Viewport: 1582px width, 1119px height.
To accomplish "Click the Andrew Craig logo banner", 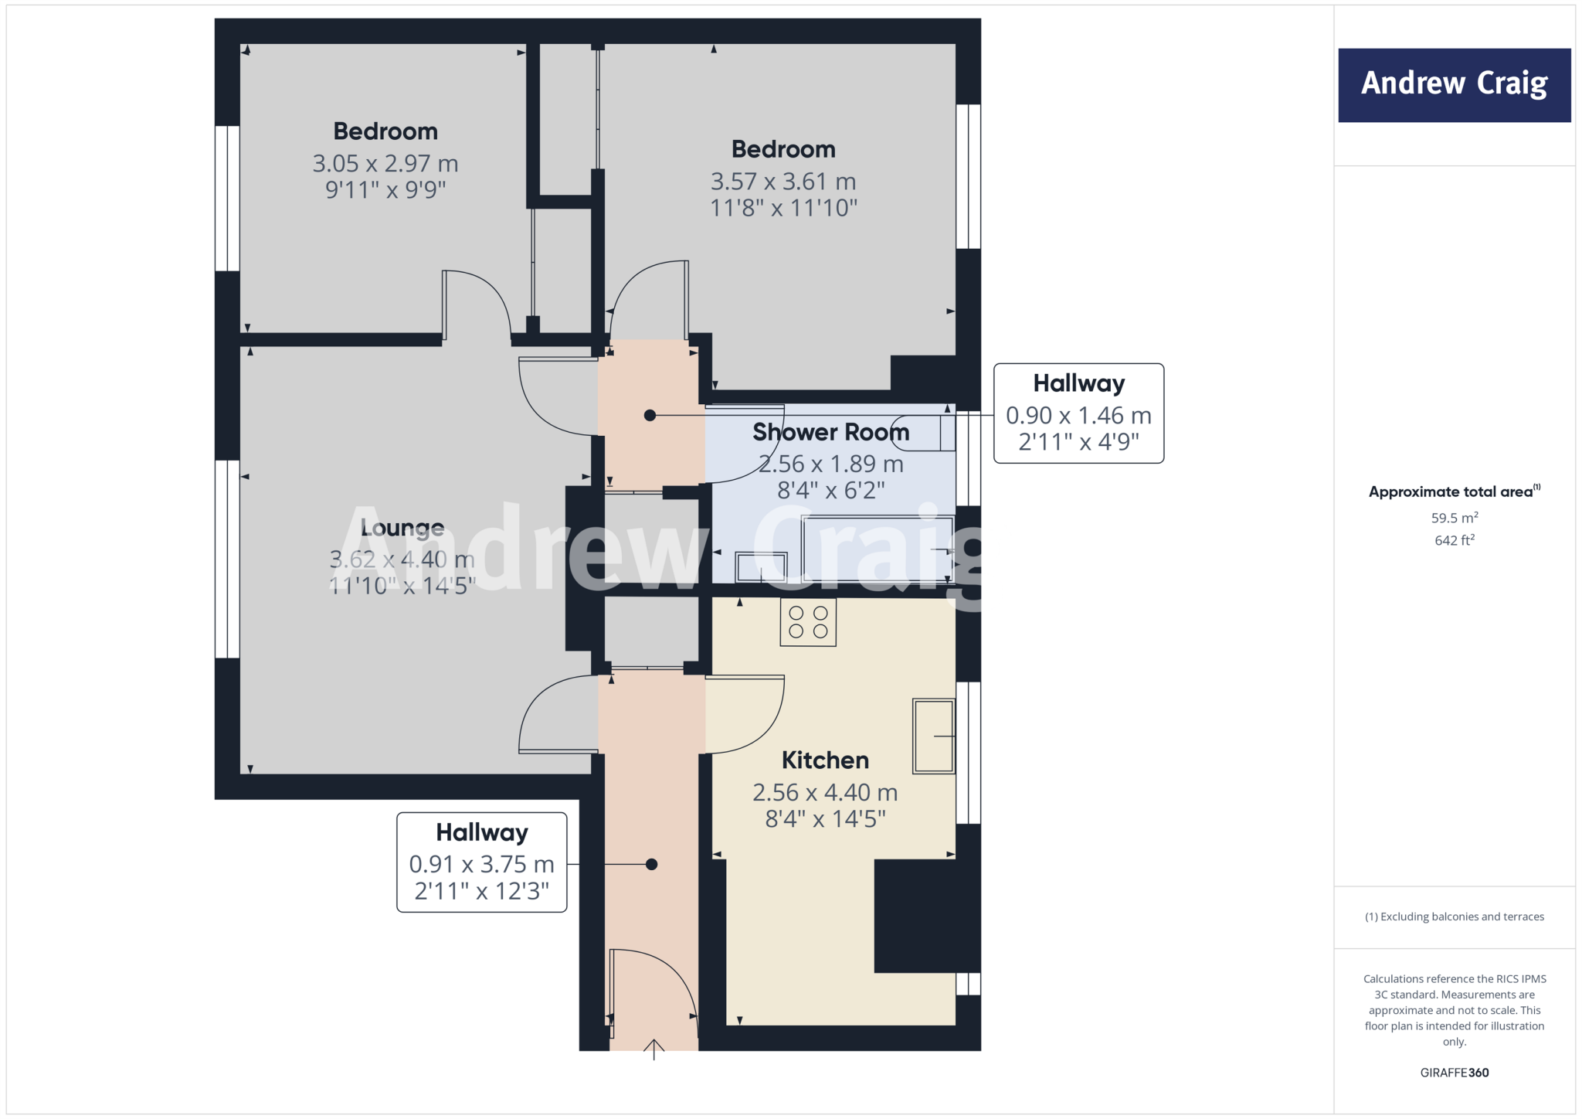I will point(1454,85).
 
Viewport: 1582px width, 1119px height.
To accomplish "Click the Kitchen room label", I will point(825,760).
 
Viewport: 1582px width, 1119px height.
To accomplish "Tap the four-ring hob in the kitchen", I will point(808,622).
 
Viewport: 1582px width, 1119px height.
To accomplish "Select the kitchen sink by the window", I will point(933,736).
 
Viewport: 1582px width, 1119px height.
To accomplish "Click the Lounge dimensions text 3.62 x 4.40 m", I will point(402,559).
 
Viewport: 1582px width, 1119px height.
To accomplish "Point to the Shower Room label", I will point(830,432).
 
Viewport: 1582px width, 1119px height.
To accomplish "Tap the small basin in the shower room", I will point(761,566).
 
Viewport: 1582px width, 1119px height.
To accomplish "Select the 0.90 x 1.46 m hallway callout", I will point(1078,414).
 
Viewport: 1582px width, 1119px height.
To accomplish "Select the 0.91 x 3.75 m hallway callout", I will point(481,863).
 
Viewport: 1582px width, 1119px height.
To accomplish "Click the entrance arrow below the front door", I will point(654,1049).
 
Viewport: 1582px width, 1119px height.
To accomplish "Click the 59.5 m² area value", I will point(1454,518).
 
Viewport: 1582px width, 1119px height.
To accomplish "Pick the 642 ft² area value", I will point(1454,540).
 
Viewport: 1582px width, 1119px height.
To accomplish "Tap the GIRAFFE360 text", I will point(1454,1073).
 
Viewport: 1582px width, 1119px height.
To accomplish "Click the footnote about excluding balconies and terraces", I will point(1454,917).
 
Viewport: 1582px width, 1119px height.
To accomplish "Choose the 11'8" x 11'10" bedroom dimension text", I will point(783,208).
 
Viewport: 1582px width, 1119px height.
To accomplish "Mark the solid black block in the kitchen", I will point(925,916).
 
